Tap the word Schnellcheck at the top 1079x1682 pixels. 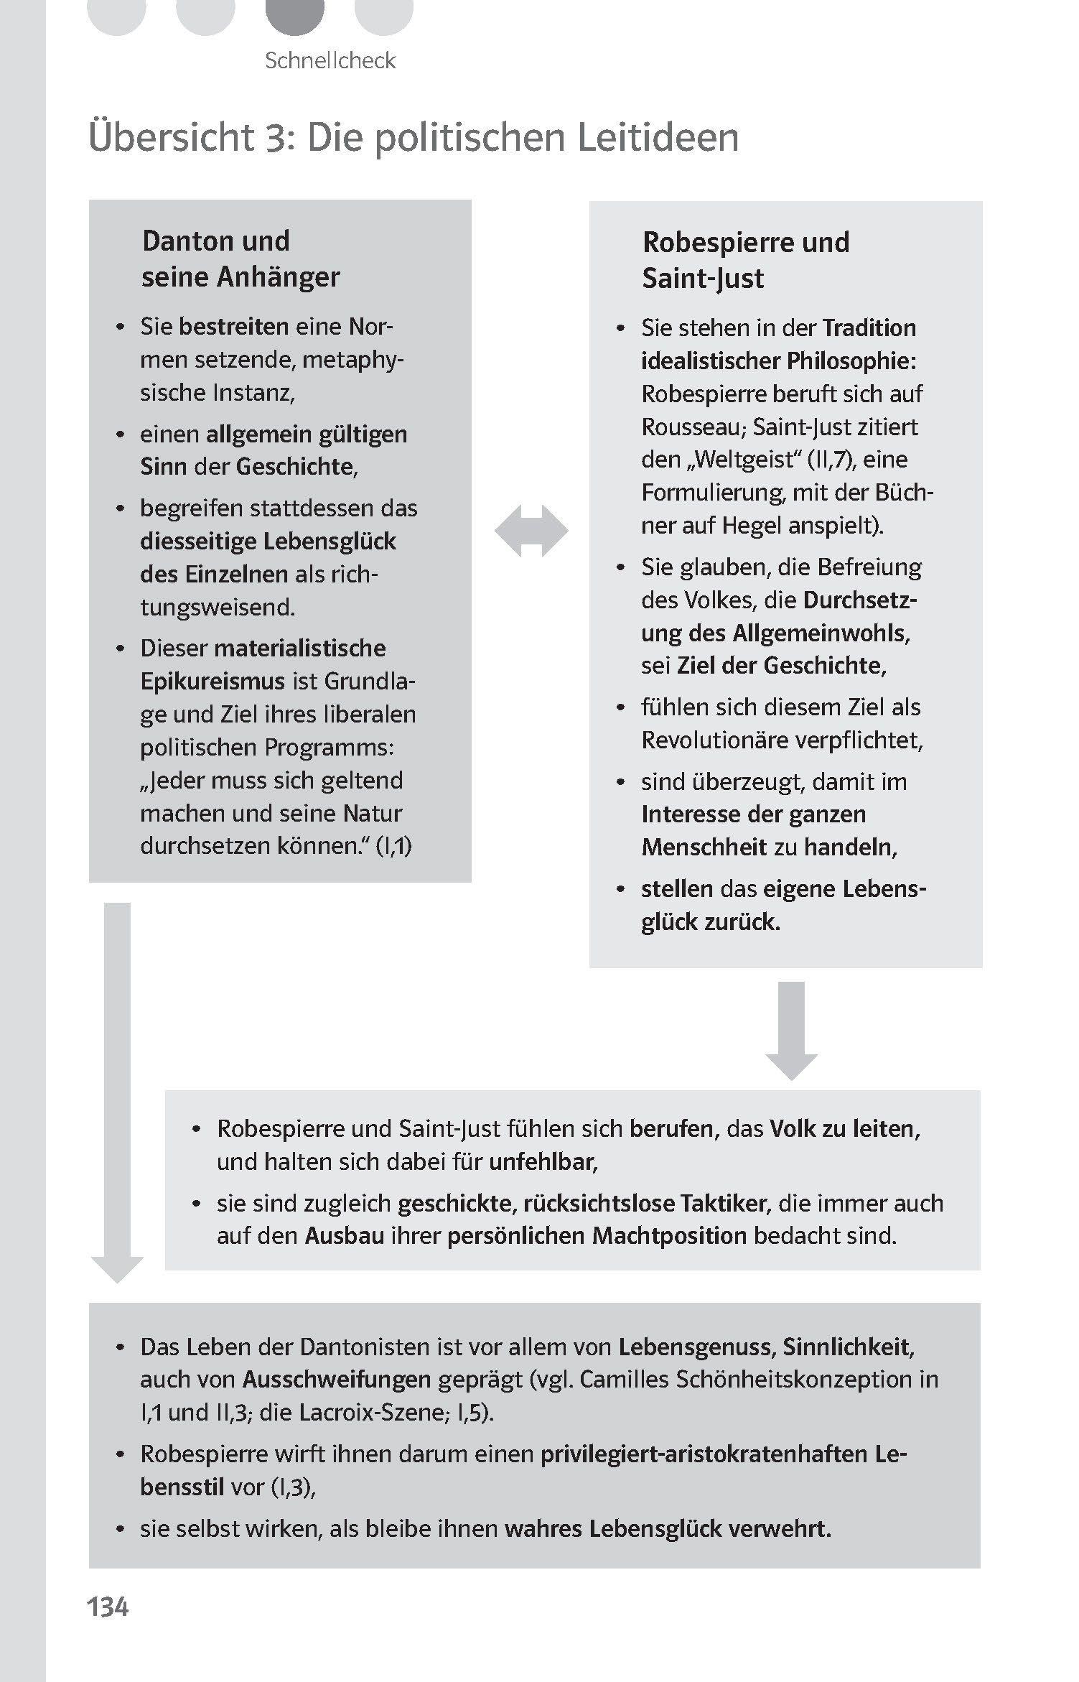(x=330, y=60)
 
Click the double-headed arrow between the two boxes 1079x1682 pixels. (x=531, y=531)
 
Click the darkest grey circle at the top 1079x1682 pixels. (x=294, y=13)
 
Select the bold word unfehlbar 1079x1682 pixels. (x=543, y=1162)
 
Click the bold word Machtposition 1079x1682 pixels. (x=669, y=1235)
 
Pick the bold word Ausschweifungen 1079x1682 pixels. (x=337, y=1379)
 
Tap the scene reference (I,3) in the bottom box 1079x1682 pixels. (x=293, y=1487)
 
